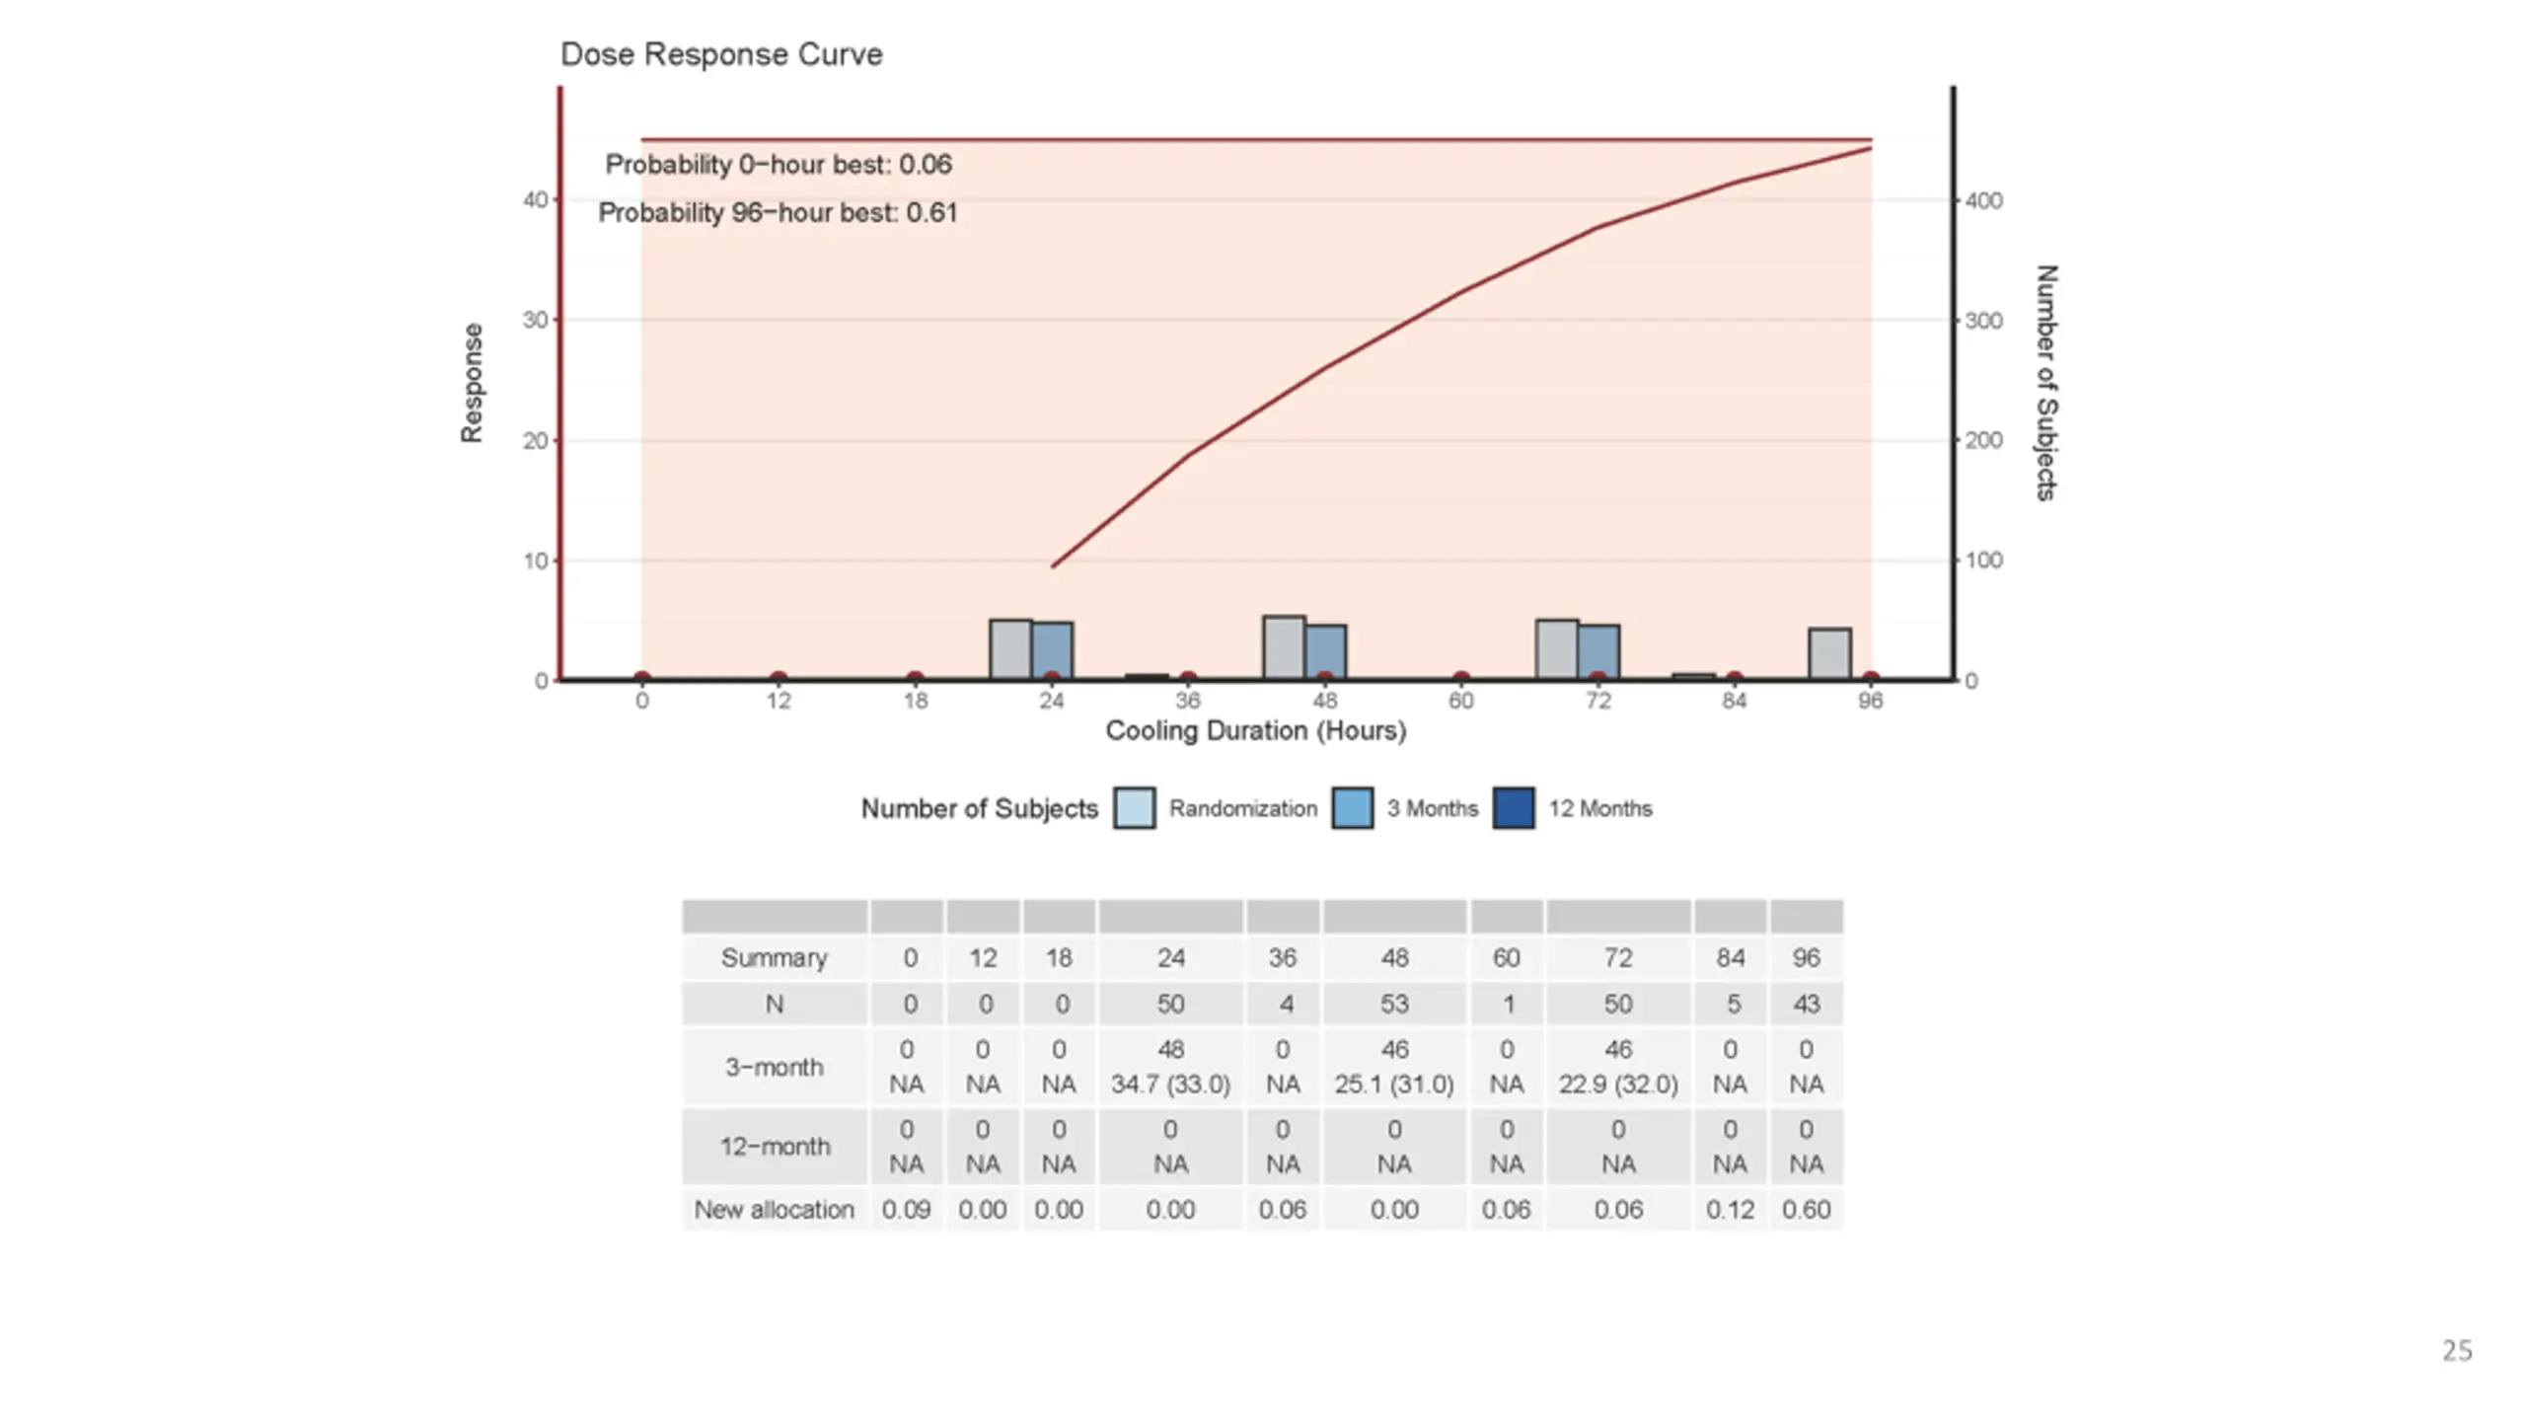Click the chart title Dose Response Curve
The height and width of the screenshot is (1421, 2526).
click(x=720, y=54)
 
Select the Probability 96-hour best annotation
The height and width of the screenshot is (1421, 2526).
click(x=778, y=213)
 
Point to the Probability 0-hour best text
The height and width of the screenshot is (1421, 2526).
click(x=778, y=165)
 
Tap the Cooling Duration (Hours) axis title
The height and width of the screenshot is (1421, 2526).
click(x=1255, y=731)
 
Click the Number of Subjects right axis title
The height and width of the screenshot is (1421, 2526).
click(x=2046, y=383)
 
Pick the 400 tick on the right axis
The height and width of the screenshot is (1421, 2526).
click(x=1983, y=201)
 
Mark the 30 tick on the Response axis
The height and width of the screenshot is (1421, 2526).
click(x=535, y=321)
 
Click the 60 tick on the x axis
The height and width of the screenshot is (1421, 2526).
click(x=1460, y=702)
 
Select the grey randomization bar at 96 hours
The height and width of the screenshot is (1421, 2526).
click(x=1828, y=653)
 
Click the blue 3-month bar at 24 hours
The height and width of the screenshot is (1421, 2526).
click(x=1052, y=650)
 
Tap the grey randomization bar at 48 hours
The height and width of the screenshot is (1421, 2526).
click(x=1284, y=647)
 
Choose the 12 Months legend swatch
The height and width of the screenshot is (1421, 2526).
click(x=1513, y=808)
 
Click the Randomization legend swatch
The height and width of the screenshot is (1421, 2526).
click(x=1134, y=808)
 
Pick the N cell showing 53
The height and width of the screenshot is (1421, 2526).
click(x=1393, y=1005)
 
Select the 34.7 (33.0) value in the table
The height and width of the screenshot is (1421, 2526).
click(x=1170, y=1084)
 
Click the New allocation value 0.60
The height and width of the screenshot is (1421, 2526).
click(x=1806, y=1210)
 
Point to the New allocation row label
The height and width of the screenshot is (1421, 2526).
click(x=774, y=1210)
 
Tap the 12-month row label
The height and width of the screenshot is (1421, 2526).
click(x=774, y=1147)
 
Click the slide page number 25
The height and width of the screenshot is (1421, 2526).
click(x=2457, y=1351)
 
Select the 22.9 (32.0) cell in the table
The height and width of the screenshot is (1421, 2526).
click(x=1617, y=1084)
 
